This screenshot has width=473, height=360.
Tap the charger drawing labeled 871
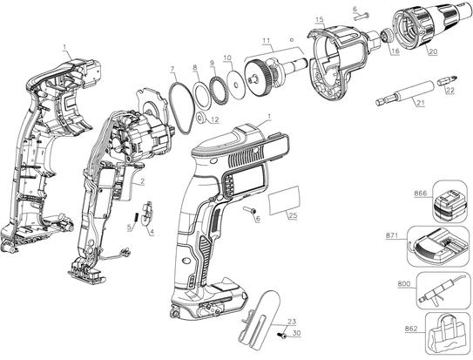point(443,249)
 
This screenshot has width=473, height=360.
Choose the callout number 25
point(293,215)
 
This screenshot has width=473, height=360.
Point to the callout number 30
point(296,333)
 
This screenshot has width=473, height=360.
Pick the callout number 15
point(320,19)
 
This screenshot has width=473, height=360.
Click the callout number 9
point(211,65)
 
